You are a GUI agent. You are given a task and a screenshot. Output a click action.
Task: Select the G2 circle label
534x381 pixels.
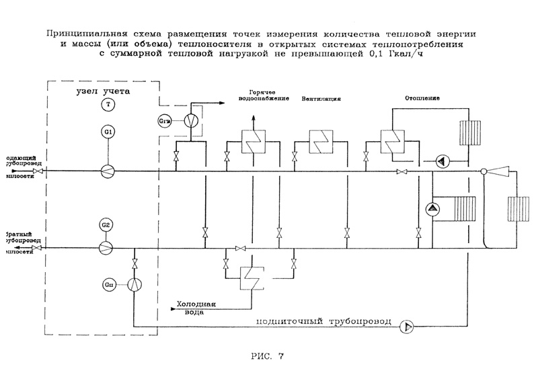[106, 224]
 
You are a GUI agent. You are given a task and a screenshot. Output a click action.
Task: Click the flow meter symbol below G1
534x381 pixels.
[108, 171]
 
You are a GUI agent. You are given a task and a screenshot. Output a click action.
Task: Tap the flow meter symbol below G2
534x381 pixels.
[106, 248]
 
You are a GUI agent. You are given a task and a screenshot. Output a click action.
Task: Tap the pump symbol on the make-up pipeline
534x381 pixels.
[407, 327]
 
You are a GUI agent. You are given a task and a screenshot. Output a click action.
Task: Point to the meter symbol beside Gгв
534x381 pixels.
[191, 121]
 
